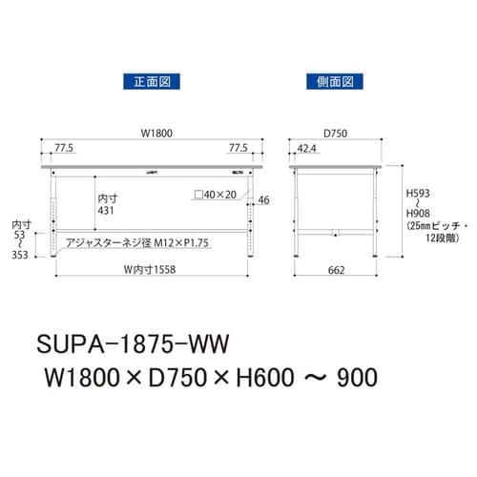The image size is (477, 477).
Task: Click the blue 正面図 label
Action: (x=148, y=81)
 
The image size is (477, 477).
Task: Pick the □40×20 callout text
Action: (x=214, y=195)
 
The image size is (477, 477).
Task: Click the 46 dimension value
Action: (x=264, y=200)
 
